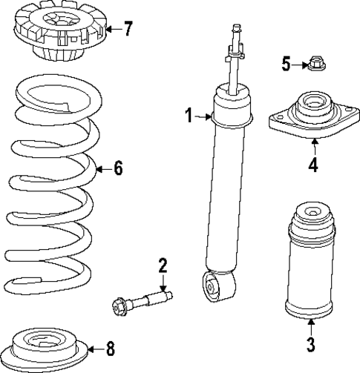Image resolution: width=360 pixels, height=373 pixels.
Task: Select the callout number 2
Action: [x=163, y=265]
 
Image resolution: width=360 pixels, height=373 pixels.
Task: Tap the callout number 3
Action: [x=310, y=344]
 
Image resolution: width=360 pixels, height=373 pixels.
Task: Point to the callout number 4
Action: [x=313, y=164]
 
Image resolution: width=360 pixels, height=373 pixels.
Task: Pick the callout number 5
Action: [x=286, y=64]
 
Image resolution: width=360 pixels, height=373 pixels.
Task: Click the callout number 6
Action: [x=117, y=168]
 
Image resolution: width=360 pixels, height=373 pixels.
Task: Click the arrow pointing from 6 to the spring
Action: [x=102, y=168]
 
